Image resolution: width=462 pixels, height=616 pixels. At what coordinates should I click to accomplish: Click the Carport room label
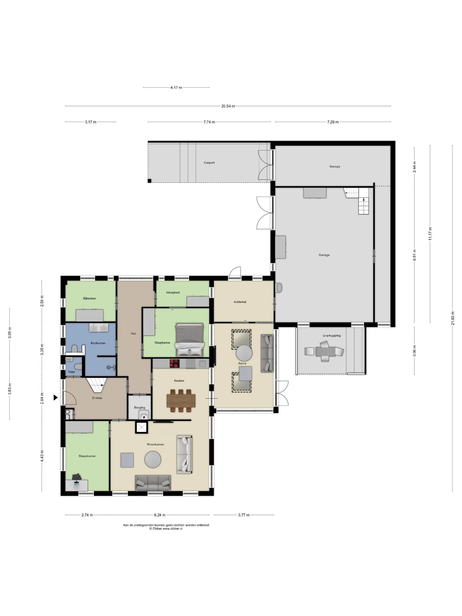[x=209, y=163]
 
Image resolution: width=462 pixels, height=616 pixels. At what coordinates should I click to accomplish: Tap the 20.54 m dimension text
[x=228, y=106]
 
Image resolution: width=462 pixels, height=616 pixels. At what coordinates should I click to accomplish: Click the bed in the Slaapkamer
[x=189, y=340]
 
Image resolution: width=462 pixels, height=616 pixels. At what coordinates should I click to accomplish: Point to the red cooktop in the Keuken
[x=175, y=363]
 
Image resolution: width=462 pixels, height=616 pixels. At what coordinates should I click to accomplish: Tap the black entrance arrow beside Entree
[x=55, y=398]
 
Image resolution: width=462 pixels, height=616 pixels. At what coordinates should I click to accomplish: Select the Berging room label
[x=140, y=407]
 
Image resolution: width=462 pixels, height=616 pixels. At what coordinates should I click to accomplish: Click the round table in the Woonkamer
[x=153, y=459]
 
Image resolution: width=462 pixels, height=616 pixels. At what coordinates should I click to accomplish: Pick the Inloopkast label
[x=173, y=292]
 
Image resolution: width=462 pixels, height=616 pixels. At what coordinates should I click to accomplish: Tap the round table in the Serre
[x=244, y=353]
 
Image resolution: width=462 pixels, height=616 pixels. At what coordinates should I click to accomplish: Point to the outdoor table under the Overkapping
[x=326, y=352]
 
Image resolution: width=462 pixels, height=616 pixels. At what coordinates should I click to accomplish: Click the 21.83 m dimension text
[x=453, y=318]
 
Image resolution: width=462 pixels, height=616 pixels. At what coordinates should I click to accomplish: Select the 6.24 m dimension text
[x=160, y=515]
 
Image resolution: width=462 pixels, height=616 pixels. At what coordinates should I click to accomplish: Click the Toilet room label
[x=71, y=372]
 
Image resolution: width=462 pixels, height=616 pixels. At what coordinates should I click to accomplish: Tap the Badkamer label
[x=98, y=343]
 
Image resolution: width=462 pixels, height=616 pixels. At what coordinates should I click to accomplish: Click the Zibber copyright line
[x=166, y=529]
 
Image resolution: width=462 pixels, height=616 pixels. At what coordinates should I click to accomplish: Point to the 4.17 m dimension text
[x=176, y=87]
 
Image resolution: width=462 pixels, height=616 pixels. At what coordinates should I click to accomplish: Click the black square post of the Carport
[x=149, y=181]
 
